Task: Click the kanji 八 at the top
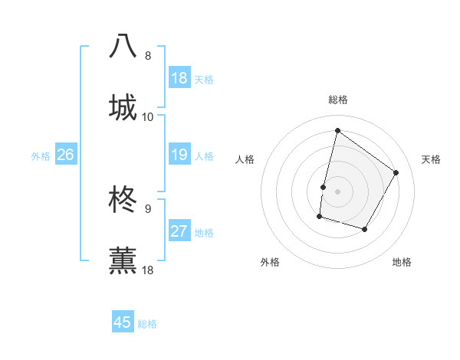tap(123, 45)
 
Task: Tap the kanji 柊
tap(123, 198)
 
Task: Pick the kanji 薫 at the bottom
tap(123, 260)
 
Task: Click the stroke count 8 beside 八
tap(148, 55)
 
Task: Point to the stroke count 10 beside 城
tap(148, 116)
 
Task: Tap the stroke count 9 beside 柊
tap(148, 208)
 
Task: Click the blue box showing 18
tap(179, 78)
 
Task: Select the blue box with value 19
tap(179, 155)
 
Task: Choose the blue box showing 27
tap(179, 231)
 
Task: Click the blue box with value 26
tap(65, 155)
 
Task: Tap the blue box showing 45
tap(123, 322)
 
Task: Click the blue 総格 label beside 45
tap(148, 324)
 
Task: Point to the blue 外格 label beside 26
tap(41, 156)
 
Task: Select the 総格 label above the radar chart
tap(338, 100)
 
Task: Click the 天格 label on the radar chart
tap(431, 159)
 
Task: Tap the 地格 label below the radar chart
tap(402, 262)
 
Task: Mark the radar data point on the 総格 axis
tap(337, 130)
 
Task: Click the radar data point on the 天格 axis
tap(396, 172)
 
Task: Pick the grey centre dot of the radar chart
tap(337, 191)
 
